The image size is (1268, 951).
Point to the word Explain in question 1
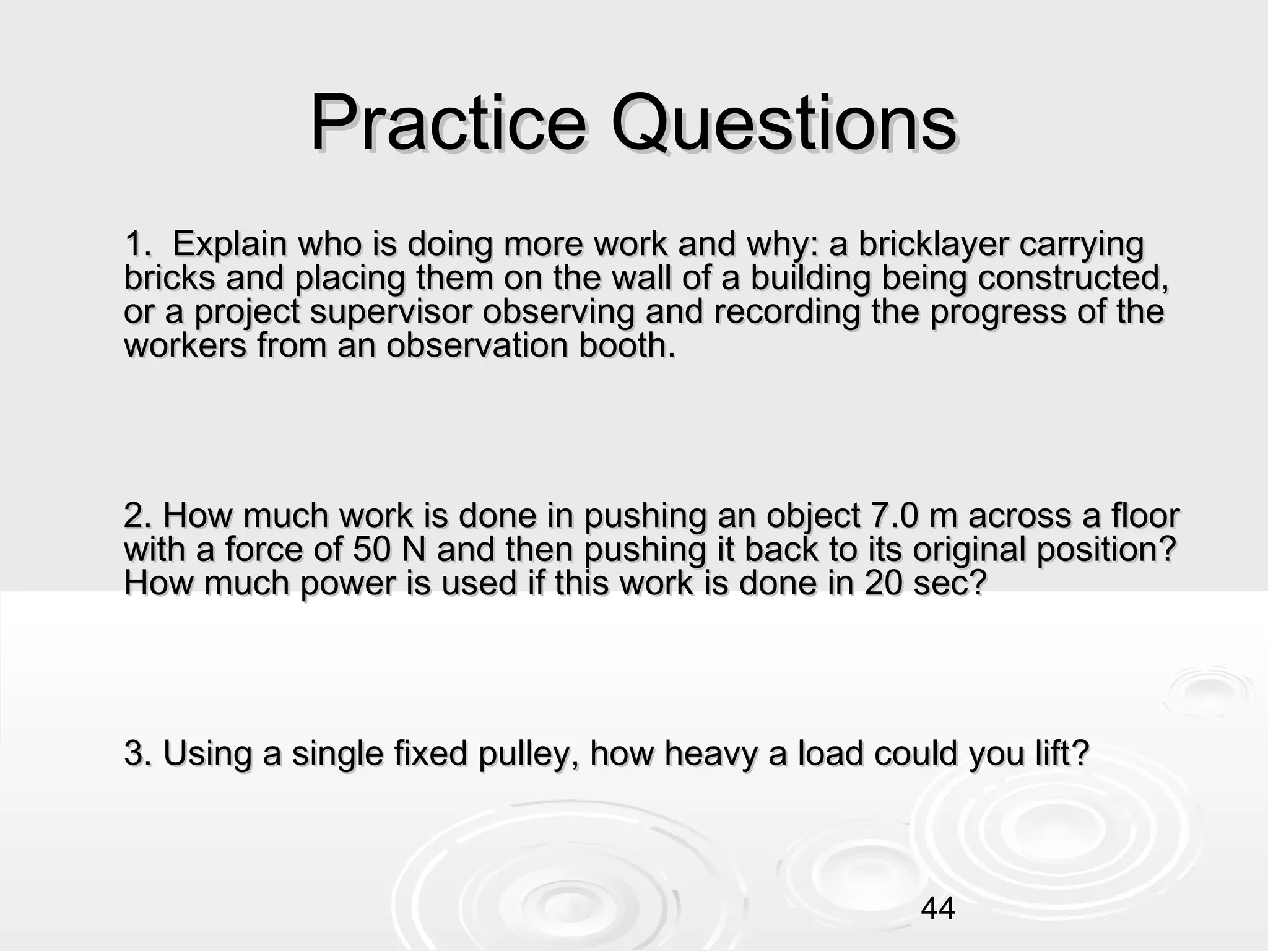(x=229, y=244)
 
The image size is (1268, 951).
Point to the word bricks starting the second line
(x=169, y=277)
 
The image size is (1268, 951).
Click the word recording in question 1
(x=786, y=311)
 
